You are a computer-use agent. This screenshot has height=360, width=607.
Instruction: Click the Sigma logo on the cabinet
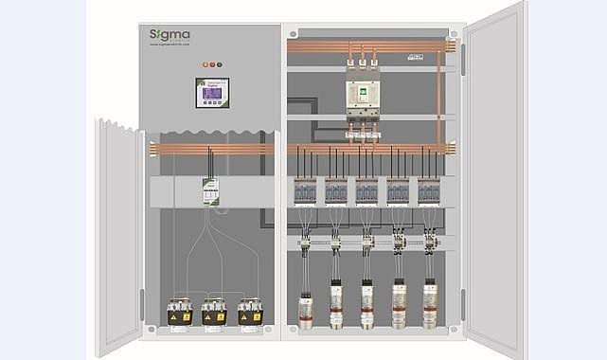(x=170, y=36)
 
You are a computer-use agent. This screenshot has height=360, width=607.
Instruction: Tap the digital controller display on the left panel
(x=212, y=93)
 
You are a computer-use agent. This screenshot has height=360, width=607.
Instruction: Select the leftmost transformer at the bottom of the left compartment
(x=179, y=312)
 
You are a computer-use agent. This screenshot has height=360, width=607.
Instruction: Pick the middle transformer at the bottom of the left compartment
(x=214, y=312)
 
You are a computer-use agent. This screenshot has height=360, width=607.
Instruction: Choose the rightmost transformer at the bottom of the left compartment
(x=250, y=312)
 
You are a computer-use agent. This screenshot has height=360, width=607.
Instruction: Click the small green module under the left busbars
(x=212, y=189)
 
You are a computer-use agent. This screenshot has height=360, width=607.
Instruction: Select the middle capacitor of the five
(x=367, y=303)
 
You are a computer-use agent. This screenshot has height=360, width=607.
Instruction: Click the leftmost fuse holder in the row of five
(x=306, y=192)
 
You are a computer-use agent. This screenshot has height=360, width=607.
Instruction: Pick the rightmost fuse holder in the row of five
(x=429, y=192)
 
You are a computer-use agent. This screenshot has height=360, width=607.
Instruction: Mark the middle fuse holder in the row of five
(x=367, y=192)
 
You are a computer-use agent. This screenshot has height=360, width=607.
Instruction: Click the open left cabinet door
(x=119, y=237)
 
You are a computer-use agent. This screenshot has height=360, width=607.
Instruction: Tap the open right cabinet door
(x=493, y=180)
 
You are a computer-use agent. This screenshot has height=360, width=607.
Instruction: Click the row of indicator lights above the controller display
(x=212, y=64)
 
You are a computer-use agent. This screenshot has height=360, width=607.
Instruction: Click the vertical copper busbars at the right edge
(x=440, y=95)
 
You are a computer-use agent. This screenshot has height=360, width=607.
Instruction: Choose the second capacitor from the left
(x=336, y=303)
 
